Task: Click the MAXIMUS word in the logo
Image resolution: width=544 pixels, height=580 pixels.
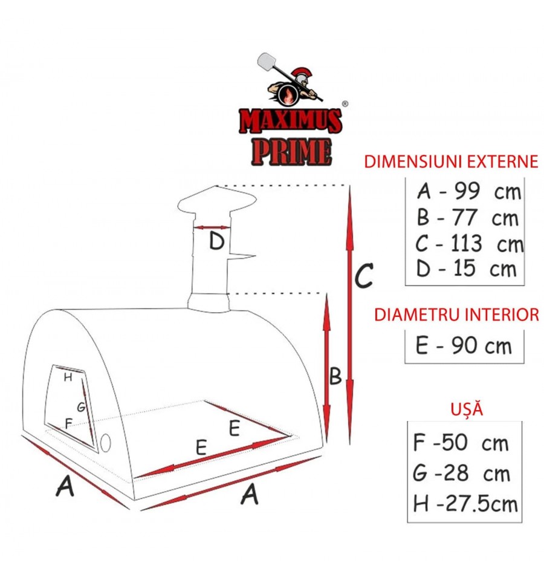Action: point(291,120)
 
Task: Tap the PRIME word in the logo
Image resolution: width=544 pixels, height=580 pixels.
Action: point(291,152)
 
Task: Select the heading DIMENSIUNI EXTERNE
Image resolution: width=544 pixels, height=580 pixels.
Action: point(451,161)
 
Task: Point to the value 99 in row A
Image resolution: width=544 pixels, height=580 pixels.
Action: point(467,191)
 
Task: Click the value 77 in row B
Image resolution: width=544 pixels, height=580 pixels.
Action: point(465,218)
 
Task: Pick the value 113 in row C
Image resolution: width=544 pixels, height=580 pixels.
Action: point(467,243)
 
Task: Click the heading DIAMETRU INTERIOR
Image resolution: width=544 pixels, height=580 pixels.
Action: point(457,314)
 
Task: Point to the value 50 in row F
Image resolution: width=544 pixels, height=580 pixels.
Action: point(455,442)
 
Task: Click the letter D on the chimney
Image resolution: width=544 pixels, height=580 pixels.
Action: point(216,241)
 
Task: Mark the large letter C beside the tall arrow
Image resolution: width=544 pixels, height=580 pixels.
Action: point(364,276)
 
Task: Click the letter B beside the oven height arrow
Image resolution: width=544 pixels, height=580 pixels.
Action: point(335,376)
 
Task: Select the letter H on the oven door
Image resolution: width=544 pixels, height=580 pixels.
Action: point(68,377)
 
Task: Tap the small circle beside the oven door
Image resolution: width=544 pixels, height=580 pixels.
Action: point(106,443)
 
